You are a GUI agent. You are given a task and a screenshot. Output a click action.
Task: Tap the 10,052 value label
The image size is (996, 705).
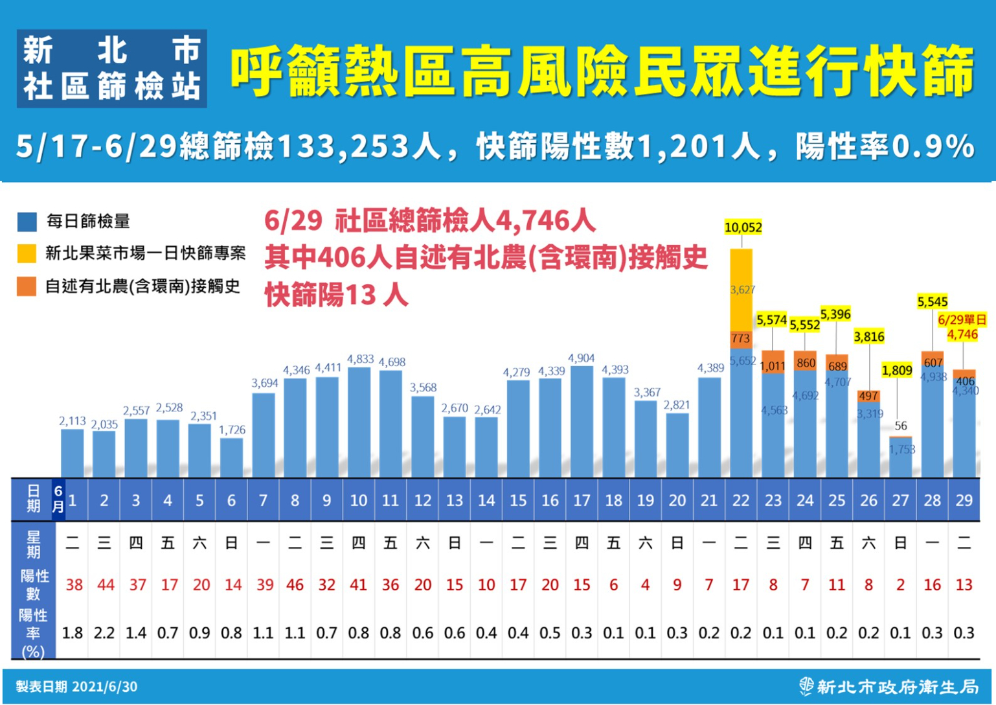(x=743, y=227)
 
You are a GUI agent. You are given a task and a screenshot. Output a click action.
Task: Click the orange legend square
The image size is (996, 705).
(x=27, y=286)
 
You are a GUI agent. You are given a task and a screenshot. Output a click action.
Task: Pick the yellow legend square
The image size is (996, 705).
(x=27, y=253)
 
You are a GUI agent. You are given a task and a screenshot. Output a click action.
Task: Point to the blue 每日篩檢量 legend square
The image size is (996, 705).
(x=27, y=222)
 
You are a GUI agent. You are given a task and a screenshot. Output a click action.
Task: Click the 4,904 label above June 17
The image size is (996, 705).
(x=581, y=358)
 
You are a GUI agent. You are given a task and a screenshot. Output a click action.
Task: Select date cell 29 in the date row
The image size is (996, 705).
(x=964, y=500)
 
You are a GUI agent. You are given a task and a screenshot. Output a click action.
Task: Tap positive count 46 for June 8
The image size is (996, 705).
(x=295, y=585)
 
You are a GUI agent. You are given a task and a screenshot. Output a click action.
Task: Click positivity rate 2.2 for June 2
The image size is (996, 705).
(x=104, y=633)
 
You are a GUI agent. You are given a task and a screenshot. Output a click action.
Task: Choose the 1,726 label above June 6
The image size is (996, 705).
(x=232, y=430)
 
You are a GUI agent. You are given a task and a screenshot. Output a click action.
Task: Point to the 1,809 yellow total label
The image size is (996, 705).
(x=897, y=371)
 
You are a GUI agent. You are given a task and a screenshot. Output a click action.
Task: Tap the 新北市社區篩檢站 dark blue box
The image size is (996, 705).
(x=112, y=69)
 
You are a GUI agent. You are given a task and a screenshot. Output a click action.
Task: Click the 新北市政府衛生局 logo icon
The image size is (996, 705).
(x=806, y=686)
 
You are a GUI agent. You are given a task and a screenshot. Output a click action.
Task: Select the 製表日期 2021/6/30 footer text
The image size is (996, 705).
(x=76, y=687)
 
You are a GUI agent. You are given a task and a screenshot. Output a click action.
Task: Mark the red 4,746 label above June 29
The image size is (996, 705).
(x=962, y=335)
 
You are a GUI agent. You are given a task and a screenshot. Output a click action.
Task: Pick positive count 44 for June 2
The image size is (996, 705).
(x=105, y=585)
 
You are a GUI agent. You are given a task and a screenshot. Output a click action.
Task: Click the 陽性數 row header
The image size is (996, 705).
(x=34, y=584)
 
